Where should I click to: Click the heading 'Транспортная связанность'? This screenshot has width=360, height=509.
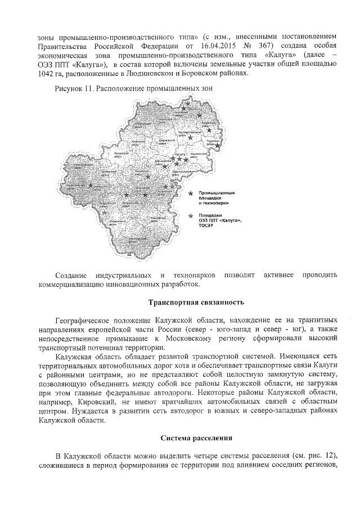click(196, 303)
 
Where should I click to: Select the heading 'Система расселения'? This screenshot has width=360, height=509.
click(196, 437)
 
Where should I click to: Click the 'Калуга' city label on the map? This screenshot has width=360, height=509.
click(180, 154)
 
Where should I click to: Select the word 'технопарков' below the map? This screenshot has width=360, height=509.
click(195, 275)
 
